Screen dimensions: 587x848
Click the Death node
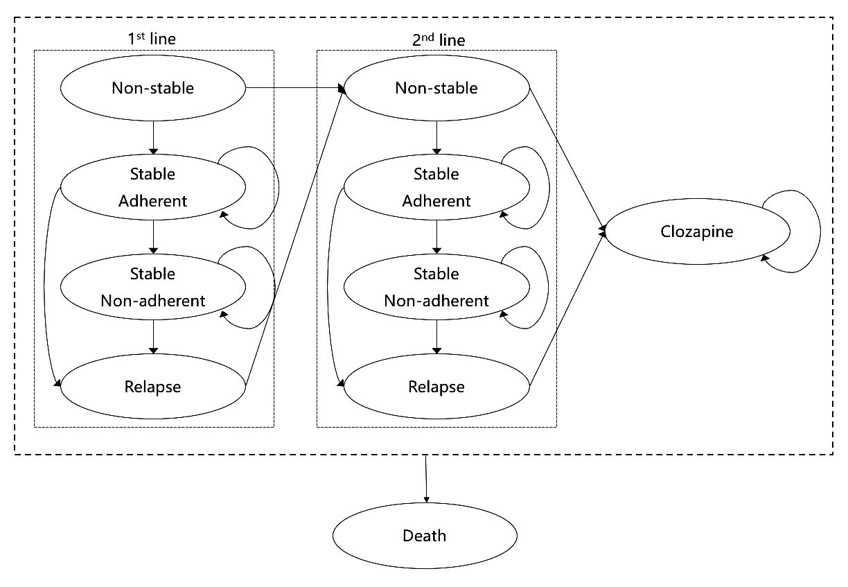[x=425, y=536]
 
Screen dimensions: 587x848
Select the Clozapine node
[x=696, y=231]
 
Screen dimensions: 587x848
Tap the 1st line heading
[x=153, y=40]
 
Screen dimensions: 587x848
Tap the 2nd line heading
[x=436, y=40]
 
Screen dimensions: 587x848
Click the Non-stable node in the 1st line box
[x=153, y=89]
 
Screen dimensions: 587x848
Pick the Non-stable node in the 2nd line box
[x=436, y=89]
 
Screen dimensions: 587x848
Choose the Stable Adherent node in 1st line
[x=153, y=188]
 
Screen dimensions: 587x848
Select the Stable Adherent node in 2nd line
[x=436, y=188]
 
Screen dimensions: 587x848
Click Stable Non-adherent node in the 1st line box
[x=153, y=287]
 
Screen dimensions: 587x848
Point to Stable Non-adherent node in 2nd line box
[x=436, y=287]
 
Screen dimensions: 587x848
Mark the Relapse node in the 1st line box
[x=153, y=387]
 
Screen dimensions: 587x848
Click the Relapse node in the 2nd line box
[x=436, y=387]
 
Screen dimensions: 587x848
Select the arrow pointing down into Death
[x=425, y=478]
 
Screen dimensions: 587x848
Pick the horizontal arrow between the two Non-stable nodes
[x=294, y=89]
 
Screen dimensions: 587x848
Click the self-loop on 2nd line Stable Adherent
[x=549, y=187]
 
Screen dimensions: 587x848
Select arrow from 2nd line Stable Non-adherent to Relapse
[x=436, y=337]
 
